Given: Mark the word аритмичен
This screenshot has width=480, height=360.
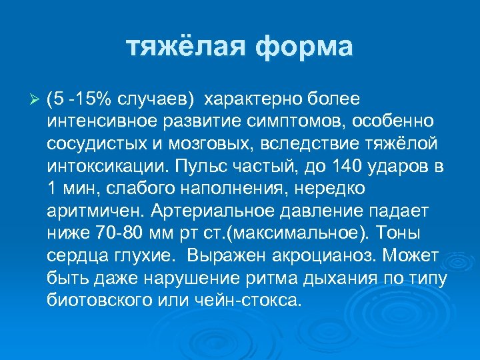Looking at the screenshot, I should pyautogui.click(x=95, y=211).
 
